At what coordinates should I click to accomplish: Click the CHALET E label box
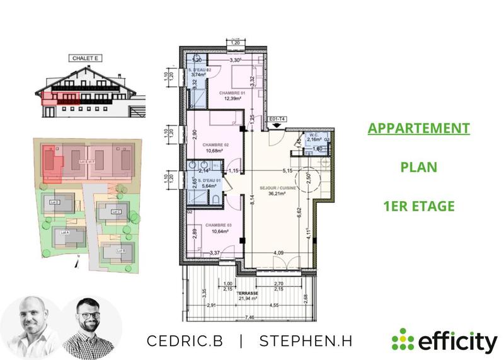pyautogui.click(x=84, y=58)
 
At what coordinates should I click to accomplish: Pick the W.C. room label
pyautogui.click(x=314, y=135)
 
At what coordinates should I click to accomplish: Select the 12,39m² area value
pyautogui.click(x=231, y=98)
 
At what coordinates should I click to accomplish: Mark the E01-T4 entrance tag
pyautogui.click(x=277, y=118)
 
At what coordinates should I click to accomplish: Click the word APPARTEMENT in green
pyautogui.click(x=419, y=129)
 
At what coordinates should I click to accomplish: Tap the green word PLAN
pyautogui.click(x=418, y=168)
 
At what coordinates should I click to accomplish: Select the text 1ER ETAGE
pyautogui.click(x=418, y=206)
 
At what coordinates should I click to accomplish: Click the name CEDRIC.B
pyautogui.click(x=185, y=340)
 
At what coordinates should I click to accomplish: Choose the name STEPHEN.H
pyautogui.click(x=306, y=340)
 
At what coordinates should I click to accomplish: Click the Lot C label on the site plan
pyautogui.click(x=116, y=212)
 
